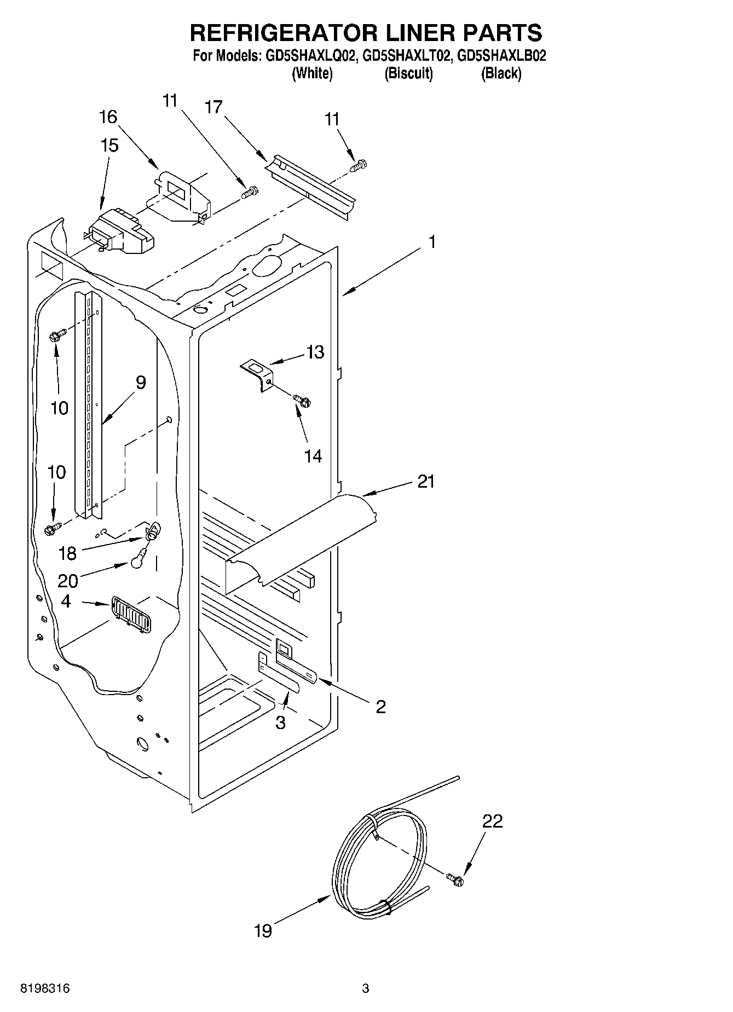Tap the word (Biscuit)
coord(408,73)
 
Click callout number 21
coord(426,482)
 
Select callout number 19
coord(263,930)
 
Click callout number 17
coord(214,107)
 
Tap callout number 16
coord(108,117)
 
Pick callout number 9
coord(141,383)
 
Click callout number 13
coord(315,352)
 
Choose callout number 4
coord(66,602)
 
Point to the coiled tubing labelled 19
coord(378,865)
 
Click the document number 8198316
coord(45,988)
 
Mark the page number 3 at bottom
coord(366,988)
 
